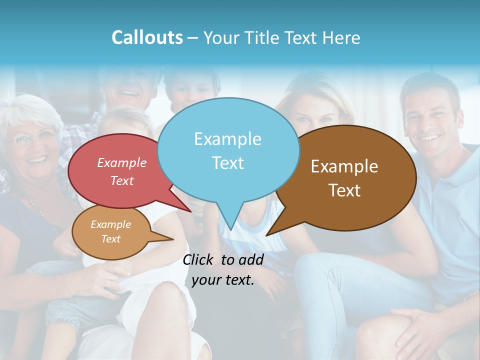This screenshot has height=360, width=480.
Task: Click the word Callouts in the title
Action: tap(147, 37)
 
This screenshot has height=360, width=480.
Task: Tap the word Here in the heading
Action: tap(341, 38)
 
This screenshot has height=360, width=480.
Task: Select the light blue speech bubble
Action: tap(228, 150)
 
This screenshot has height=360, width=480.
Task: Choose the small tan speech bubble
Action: tap(111, 232)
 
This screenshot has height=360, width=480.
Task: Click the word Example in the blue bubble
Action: tap(227, 139)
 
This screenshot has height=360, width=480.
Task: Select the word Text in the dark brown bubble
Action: tap(344, 190)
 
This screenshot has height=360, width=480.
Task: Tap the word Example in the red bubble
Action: tap(122, 163)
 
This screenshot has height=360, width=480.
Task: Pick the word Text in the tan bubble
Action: tap(111, 239)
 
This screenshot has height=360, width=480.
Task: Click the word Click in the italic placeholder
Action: tap(198, 259)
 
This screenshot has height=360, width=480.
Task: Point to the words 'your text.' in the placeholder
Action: tap(223, 280)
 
